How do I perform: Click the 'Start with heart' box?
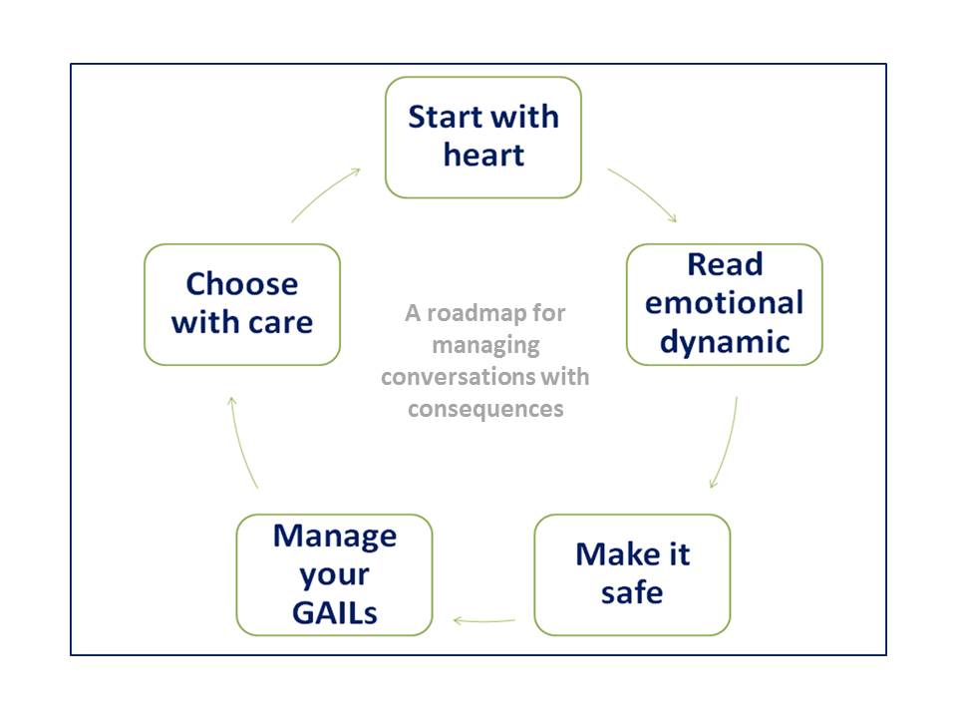482,138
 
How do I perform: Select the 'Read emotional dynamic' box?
725,305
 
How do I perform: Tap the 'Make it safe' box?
632,574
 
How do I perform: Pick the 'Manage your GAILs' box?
335,574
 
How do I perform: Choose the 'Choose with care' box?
242,305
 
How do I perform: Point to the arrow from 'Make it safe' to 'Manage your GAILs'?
484,621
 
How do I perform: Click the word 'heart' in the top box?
483,156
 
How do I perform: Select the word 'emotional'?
724,303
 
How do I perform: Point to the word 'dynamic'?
725,342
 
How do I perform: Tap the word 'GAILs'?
335,613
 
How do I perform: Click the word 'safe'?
632,592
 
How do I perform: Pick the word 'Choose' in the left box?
242,284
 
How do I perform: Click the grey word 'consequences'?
485,409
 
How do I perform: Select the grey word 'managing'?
485,346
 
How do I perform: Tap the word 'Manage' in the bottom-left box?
335,537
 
